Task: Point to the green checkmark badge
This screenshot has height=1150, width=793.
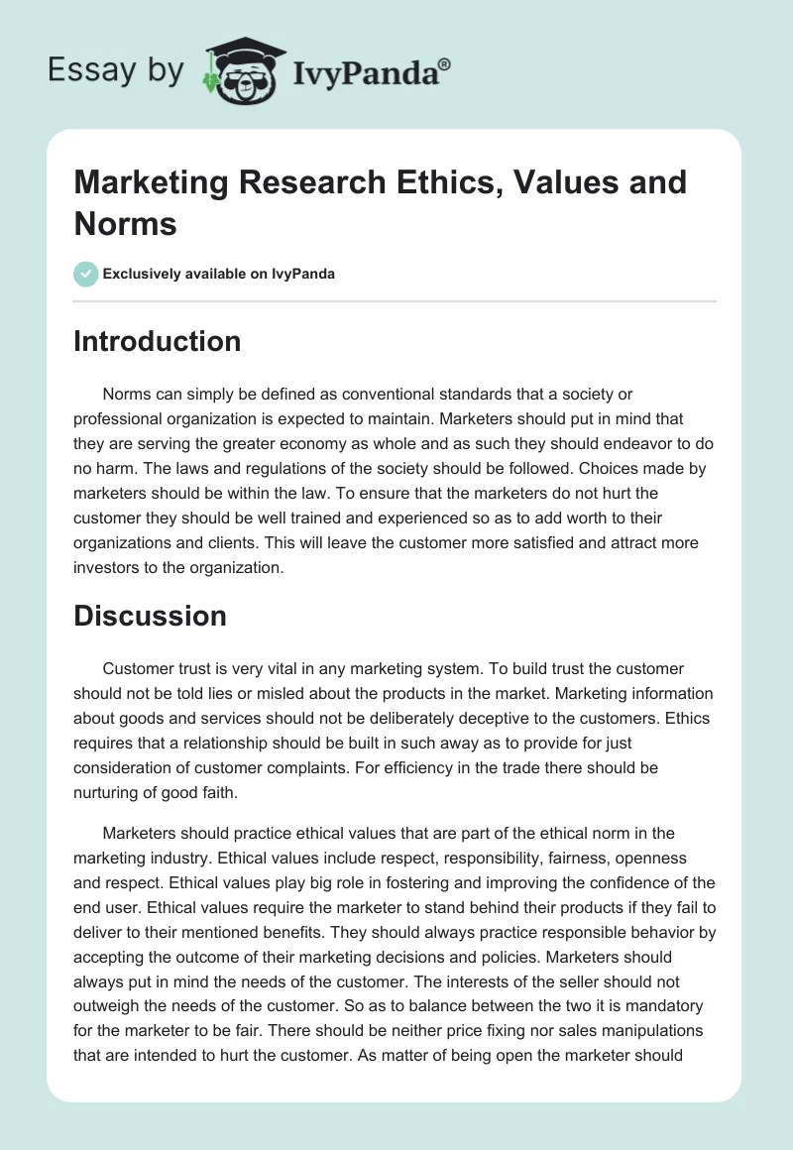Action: tap(86, 274)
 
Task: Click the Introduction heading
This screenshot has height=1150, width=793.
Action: tap(157, 341)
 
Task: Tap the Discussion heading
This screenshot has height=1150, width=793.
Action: tap(150, 616)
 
